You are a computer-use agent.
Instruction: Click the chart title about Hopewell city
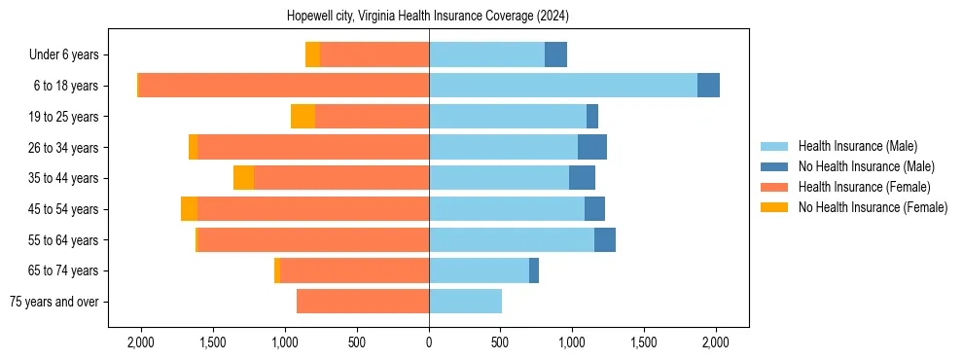428,17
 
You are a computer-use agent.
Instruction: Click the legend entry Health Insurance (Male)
857,146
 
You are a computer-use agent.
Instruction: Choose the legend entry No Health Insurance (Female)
873,207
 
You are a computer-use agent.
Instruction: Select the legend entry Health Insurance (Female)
864,187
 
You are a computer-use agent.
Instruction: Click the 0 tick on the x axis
429,342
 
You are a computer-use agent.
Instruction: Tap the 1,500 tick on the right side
644,342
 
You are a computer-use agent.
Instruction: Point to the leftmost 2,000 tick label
141,342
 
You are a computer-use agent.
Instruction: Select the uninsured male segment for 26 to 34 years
591,147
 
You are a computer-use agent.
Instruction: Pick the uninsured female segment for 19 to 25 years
303,117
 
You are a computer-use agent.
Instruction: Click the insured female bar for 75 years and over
363,302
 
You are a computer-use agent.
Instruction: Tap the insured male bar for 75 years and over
465,302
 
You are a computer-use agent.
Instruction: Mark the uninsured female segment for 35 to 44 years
243,178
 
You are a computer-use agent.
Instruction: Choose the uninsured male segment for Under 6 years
555,55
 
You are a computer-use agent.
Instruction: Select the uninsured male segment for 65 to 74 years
534,270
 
